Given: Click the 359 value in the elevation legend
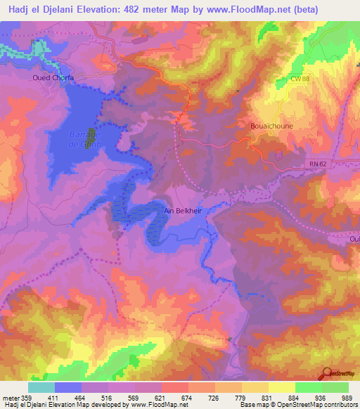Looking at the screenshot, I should [x=28, y=398].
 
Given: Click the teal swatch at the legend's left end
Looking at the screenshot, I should [x=41, y=387].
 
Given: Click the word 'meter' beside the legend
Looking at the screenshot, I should [x=11, y=398].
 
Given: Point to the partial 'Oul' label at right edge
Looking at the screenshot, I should [x=354, y=239].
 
